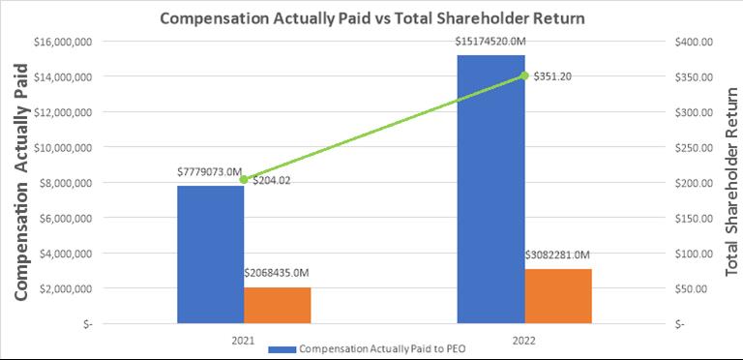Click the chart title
(371, 18)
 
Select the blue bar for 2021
(211, 255)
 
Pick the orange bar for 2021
(278, 306)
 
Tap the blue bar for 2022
(490, 190)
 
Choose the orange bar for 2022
(557, 296)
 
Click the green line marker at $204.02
(244, 180)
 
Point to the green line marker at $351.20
(524, 75)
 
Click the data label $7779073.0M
(210, 171)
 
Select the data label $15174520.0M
(490, 42)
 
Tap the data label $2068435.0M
(278, 273)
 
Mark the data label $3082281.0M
(557, 255)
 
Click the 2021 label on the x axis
(244, 340)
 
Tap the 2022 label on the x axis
(524, 340)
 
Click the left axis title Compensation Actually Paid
(21, 182)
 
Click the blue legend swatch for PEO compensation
(282, 349)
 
